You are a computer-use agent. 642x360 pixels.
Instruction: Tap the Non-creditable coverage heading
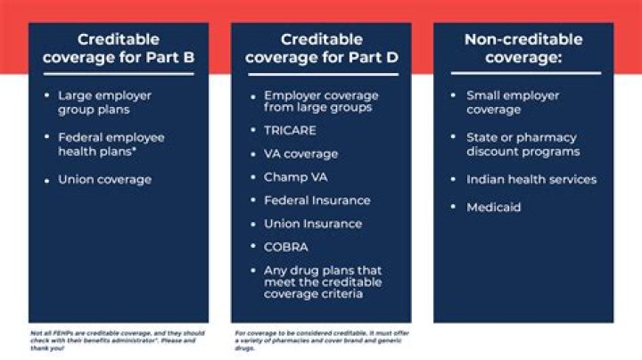523,49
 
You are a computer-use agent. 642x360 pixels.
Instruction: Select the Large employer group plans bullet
104,102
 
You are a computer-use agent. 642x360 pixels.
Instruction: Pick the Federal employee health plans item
111,145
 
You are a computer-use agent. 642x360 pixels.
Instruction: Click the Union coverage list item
104,180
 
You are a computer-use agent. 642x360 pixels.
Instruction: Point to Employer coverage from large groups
320,102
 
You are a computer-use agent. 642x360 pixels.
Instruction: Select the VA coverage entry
300,153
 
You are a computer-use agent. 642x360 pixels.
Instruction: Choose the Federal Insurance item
317,200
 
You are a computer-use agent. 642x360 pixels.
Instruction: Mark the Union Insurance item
312,224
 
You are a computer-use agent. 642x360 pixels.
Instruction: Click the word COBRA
285,247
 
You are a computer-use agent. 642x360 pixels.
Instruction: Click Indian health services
531,180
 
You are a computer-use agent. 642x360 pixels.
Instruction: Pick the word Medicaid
493,208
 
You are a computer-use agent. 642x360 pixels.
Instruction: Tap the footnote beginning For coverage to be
320,340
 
